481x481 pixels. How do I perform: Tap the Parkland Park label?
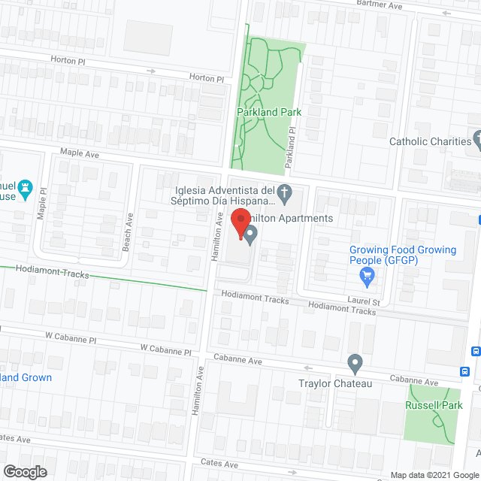pos(268,112)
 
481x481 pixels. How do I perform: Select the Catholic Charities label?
pos(429,141)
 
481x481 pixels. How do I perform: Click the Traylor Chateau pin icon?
pos(355,365)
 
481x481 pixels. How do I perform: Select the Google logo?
pos(23,471)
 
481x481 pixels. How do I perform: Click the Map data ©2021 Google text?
pos(434,475)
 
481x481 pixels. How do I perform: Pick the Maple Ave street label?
pos(80,154)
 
